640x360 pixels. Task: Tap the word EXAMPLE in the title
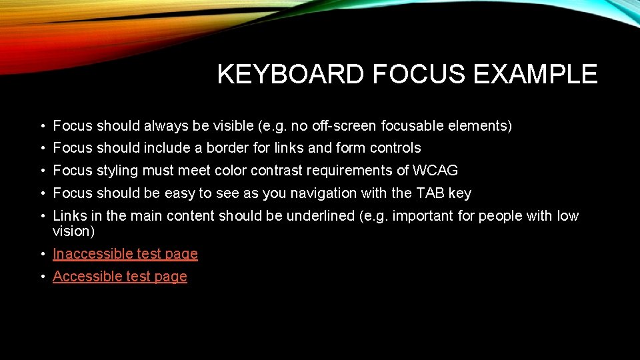[535, 74]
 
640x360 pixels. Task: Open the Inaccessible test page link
[125, 253]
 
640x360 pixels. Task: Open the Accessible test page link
[120, 276]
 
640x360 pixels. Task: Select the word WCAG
[435, 170]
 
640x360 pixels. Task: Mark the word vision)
[74, 231]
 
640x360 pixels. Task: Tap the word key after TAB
[460, 193]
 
